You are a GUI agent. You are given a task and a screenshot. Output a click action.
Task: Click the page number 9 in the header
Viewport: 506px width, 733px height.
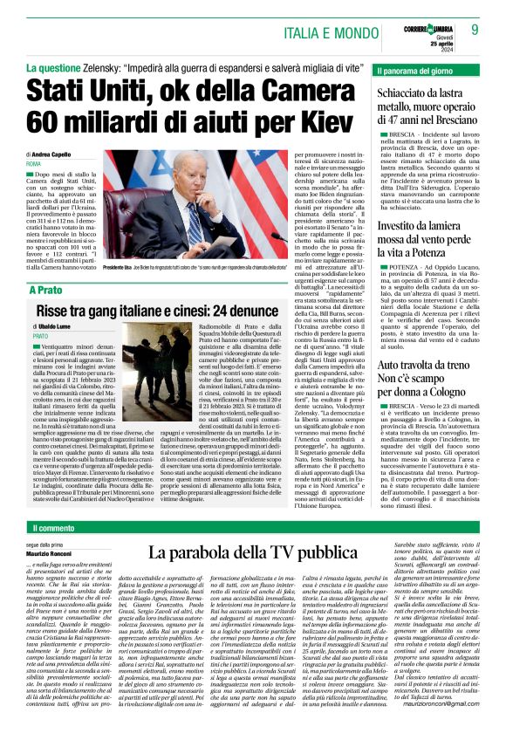(475, 30)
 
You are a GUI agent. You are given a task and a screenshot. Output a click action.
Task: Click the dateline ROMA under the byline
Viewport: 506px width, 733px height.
(34, 163)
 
